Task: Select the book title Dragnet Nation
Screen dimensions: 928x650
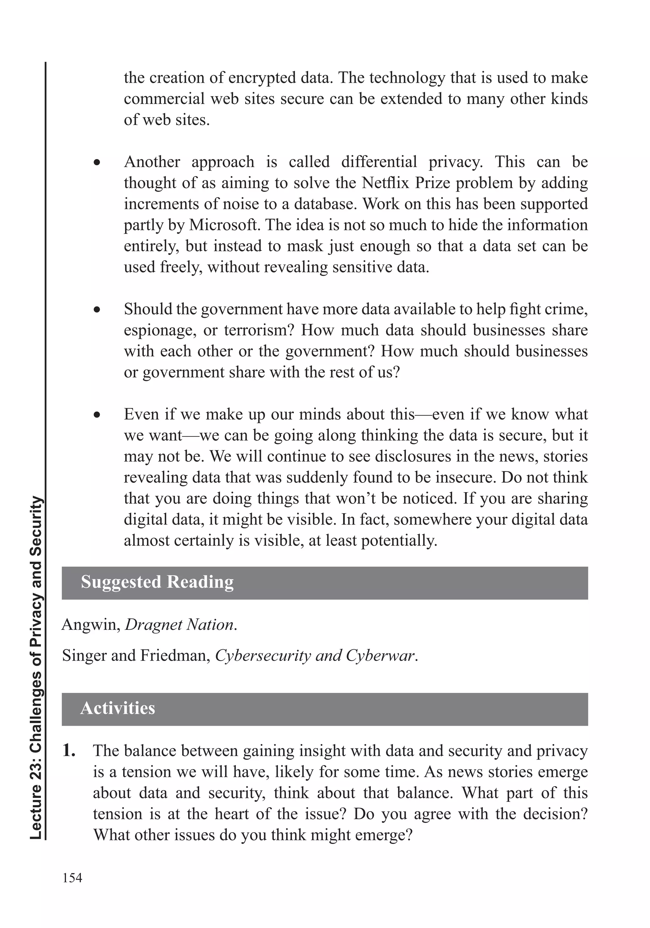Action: [x=179, y=625]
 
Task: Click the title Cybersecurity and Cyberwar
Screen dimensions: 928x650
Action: [x=315, y=656]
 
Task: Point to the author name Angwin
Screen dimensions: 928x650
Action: [x=90, y=625]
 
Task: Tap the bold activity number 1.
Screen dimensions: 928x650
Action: [x=69, y=751]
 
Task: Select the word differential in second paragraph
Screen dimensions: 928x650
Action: [x=379, y=162]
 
